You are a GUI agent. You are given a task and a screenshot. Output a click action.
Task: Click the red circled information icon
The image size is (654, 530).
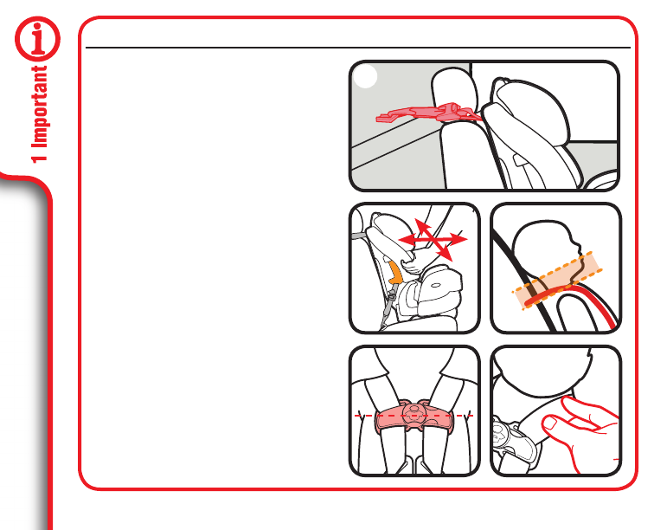[x=37, y=39]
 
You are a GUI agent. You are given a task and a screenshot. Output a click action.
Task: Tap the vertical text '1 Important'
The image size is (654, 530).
[x=40, y=114]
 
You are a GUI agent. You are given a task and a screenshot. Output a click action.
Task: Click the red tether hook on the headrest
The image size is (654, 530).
[x=426, y=113]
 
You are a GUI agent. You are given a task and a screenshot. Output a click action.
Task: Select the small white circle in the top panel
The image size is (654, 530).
[x=365, y=76]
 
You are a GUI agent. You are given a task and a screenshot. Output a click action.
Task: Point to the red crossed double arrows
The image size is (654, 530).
[x=433, y=240]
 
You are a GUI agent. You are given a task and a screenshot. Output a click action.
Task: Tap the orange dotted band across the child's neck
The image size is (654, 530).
[x=557, y=280]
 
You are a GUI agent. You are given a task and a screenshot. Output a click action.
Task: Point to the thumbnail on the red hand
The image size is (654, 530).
[x=550, y=424]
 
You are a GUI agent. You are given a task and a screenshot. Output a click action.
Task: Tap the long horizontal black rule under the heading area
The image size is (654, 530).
[x=358, y=48]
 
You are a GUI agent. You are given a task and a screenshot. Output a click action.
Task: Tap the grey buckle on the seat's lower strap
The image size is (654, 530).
[x=390, y=301]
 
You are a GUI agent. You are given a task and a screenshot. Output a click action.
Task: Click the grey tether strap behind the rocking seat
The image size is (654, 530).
[x=359, y=236]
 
